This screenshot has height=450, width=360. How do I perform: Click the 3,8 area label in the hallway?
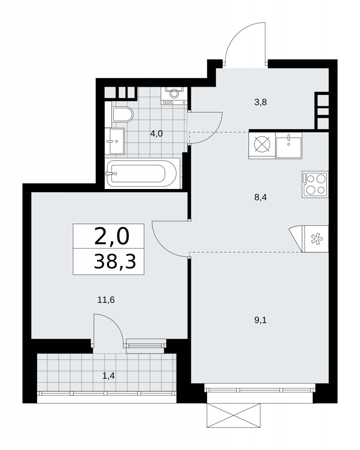pos(260,102)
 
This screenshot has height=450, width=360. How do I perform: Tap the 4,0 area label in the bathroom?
pos(156,133)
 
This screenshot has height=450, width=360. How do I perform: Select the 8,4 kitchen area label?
pos(260,197)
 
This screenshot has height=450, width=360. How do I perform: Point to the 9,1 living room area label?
pos(260,320)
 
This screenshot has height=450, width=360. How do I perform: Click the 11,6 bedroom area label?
pos(106,300)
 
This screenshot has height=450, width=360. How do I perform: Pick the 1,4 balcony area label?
pos(108,376)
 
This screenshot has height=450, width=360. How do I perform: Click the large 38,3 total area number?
pos(115,262)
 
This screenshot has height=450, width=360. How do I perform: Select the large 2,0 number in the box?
pos(112,236)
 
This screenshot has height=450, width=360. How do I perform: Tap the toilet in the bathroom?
pos(123,114)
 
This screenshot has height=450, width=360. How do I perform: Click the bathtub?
pos(142,174)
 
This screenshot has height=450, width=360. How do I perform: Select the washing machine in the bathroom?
pos(174,96)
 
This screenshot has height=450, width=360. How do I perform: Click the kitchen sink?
pos(289,145)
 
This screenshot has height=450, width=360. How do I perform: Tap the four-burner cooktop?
pos(315,184)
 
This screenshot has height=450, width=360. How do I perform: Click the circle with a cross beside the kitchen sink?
pos(262,144)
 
